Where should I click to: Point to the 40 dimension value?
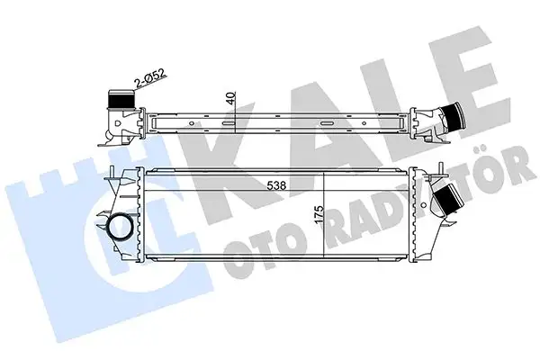point(232,98)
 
